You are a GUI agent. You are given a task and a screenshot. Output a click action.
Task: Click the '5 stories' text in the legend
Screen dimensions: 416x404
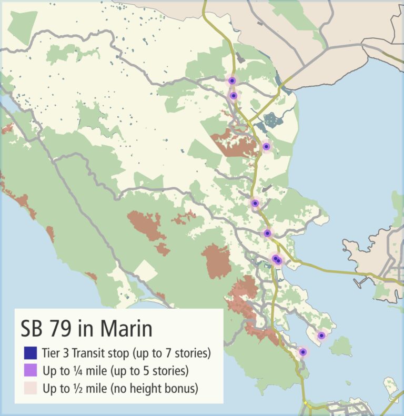165,371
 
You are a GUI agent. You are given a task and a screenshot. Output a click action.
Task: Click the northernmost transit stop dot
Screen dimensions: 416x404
232,80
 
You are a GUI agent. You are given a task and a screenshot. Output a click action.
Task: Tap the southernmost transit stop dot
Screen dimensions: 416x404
302,352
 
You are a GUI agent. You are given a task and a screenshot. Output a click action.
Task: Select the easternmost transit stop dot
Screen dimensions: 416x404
321,336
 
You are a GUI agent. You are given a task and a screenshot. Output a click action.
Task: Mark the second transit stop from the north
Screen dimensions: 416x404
234,96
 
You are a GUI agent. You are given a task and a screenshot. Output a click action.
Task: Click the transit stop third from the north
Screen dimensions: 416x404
266,146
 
